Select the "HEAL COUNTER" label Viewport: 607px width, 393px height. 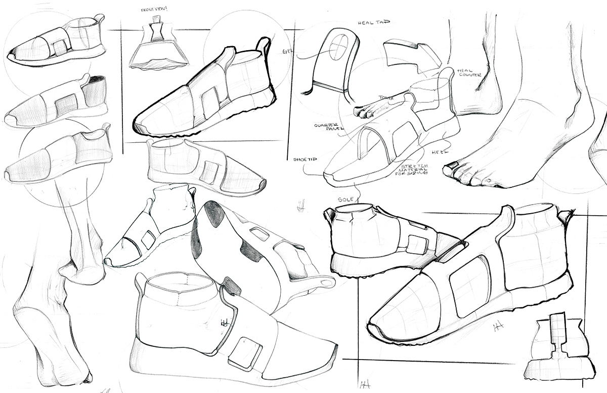[x=470, y=73]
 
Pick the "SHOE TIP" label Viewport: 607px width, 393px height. [x=304, y=159]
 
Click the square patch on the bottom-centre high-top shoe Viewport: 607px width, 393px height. [x=245, y=353]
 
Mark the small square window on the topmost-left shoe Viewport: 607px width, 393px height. [x=60, y=47]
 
